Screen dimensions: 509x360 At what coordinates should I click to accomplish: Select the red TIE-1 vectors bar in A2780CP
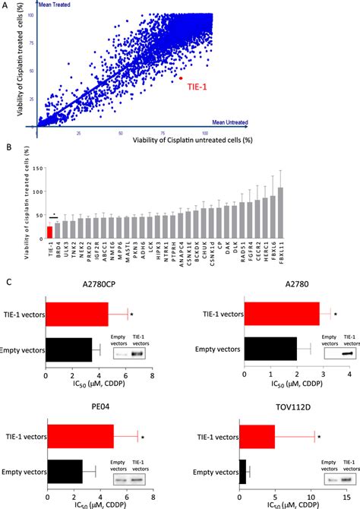click(x=77, y=312)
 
